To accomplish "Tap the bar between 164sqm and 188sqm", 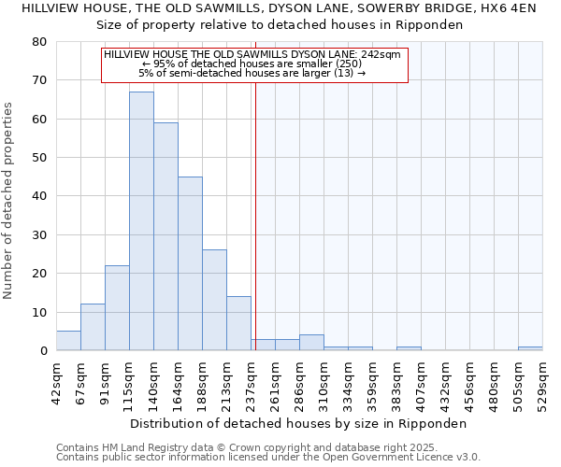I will [x=190, y=263].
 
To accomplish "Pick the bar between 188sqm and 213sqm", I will [x=214, y=300].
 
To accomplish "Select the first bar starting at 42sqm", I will [x=68, y=341].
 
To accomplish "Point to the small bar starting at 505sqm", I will [x=530, y=348].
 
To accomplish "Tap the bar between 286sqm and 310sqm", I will [x=311, y=343].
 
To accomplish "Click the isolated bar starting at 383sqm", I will [x=409, y=348].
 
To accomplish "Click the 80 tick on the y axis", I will [x=40, y=42].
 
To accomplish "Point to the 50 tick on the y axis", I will [x=40, y=158].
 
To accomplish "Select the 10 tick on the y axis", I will [x=40, y=312].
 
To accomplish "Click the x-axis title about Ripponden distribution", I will [x=298, y=423].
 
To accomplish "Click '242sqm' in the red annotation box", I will [x=382, y=55].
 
